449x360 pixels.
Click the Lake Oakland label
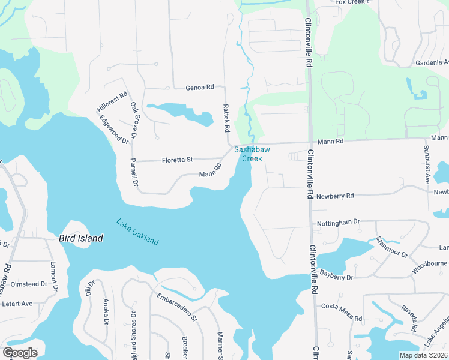point(137,232)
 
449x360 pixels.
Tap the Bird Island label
point(80,238)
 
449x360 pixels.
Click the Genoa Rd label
point(199,88)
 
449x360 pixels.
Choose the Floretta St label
point(177,160)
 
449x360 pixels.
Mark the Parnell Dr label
point(134,172)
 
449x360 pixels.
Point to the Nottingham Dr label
point(338,222)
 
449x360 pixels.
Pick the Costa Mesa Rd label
point(342,312)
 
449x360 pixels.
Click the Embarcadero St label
point(177,307)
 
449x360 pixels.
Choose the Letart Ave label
point(17,304)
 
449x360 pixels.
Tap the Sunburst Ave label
point(427,164)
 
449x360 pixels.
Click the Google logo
point(20,353)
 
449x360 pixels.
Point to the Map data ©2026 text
point(423,355)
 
